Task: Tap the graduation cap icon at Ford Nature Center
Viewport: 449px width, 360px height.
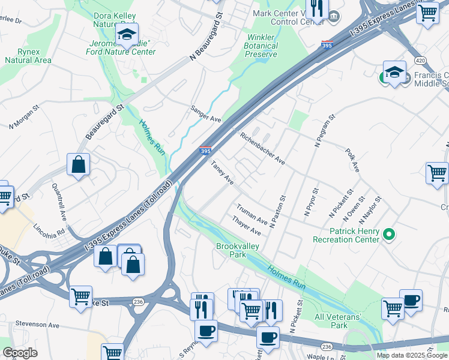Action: (127, 36)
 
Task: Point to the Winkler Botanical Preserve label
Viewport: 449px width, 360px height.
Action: (262, 46)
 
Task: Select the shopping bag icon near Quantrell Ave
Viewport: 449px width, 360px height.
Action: (78, 164)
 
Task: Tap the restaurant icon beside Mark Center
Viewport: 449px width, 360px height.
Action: (316, 8)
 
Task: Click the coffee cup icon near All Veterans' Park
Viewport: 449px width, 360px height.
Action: (411, 301)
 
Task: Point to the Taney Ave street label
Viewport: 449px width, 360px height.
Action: (221, 172)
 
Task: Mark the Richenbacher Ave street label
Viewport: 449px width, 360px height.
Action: (262, 148)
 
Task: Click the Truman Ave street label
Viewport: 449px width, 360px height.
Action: (252, 214)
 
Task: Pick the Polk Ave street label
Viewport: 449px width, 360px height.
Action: (352, 160)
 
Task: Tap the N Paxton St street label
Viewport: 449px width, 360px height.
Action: (277, 211)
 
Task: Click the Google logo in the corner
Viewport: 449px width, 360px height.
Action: (19, 353)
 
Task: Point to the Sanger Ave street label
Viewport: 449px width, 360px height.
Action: (206, 113)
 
